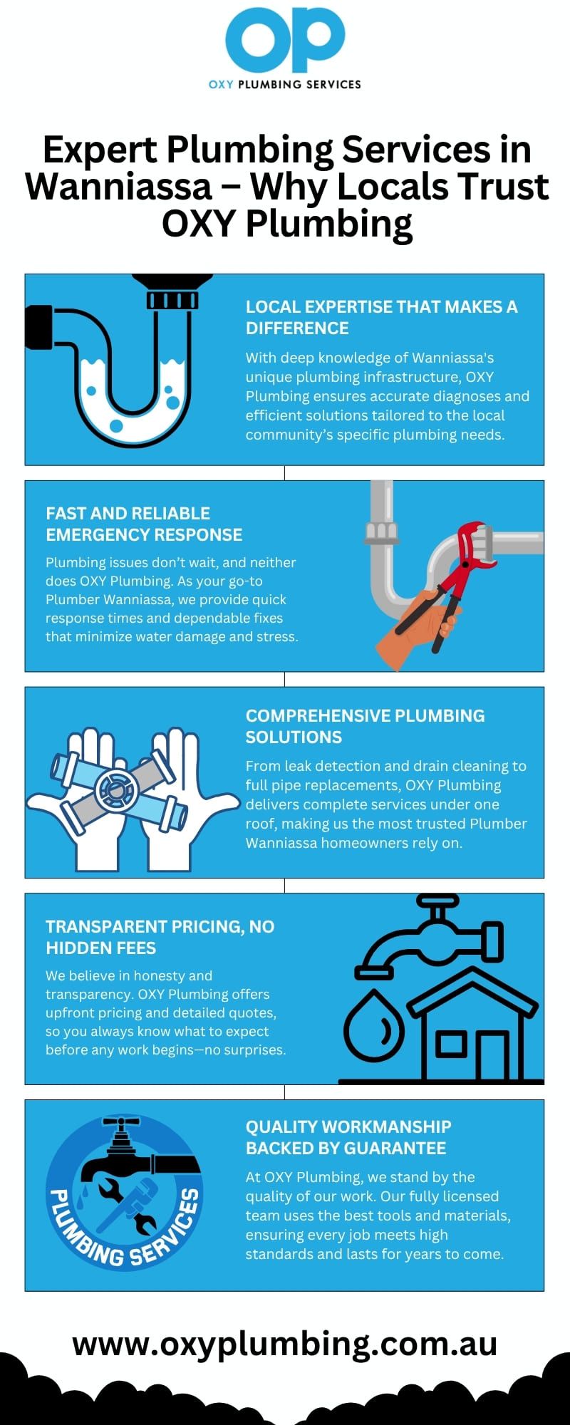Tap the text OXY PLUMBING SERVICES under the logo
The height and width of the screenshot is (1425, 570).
point(285,84)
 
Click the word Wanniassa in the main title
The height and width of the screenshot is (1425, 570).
point(119,187)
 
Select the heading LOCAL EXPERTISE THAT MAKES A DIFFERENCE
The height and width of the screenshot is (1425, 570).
point(382,317)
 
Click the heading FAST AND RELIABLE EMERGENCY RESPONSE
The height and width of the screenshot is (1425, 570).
point(144,524)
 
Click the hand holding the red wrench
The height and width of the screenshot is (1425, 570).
point(417,627)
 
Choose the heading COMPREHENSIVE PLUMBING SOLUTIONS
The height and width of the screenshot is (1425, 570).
point(365,726)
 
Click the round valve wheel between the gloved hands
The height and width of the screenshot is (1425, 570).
point(116,789)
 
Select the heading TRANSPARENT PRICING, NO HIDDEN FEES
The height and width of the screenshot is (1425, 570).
point(160,937)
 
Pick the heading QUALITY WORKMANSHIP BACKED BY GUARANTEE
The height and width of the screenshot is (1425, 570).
point(348,1137)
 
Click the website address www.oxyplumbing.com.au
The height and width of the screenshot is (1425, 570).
point(285,1344)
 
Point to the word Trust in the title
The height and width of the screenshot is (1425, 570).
point(503,187)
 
